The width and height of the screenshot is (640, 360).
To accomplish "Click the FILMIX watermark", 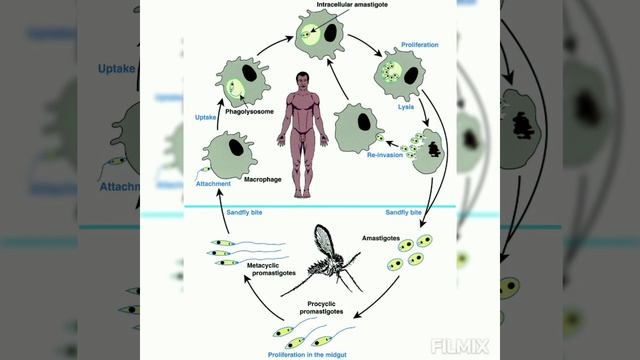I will [x=462, y=347].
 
